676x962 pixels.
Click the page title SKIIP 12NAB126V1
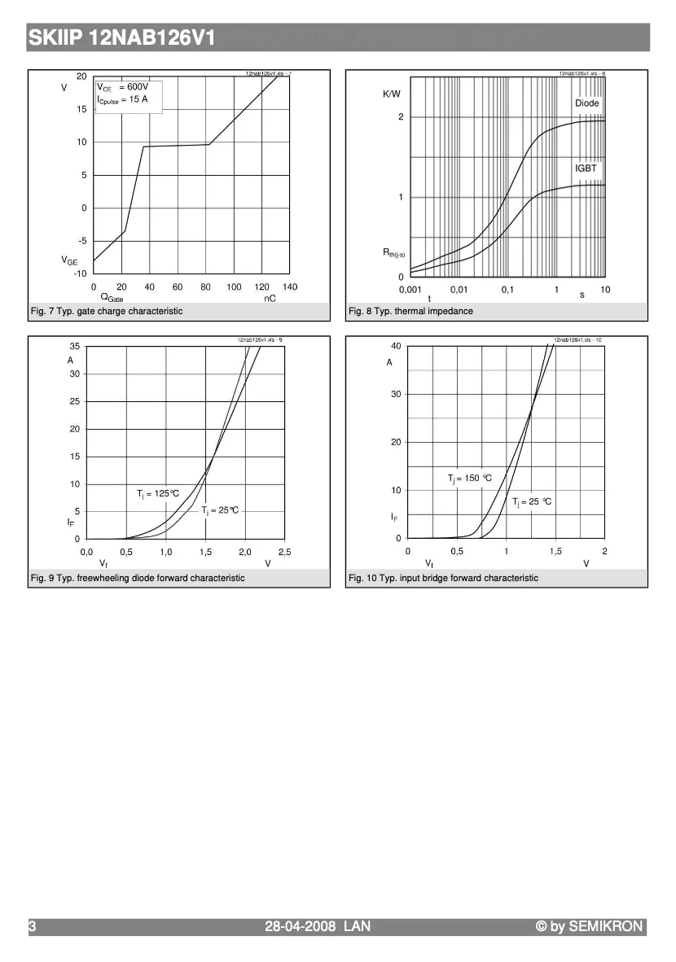(121, 37)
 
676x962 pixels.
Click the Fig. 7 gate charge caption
(107, 311)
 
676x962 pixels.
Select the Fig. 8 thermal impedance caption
(410, 311)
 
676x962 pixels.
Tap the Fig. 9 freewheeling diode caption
(138, 578)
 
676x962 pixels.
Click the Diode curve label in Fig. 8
(586, 103)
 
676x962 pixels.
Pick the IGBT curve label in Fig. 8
(586, 168)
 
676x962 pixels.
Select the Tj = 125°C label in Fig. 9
(157, 493)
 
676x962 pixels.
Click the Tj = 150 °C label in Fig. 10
(470, 479)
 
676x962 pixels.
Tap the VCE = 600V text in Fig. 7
(123, 87)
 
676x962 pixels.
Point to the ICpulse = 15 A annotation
(123, 99)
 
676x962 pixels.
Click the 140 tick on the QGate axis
(290, 287)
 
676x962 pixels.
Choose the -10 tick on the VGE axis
(80, 273)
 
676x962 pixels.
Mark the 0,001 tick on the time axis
(410, 290)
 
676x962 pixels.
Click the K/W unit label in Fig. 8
(392, 94)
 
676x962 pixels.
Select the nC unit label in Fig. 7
(270, 299)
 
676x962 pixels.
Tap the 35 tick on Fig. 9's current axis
(74, 347)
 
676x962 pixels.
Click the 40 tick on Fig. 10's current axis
(396, 347)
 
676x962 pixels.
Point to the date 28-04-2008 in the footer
(301, 926)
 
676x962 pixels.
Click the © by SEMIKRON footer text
(589, 926)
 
